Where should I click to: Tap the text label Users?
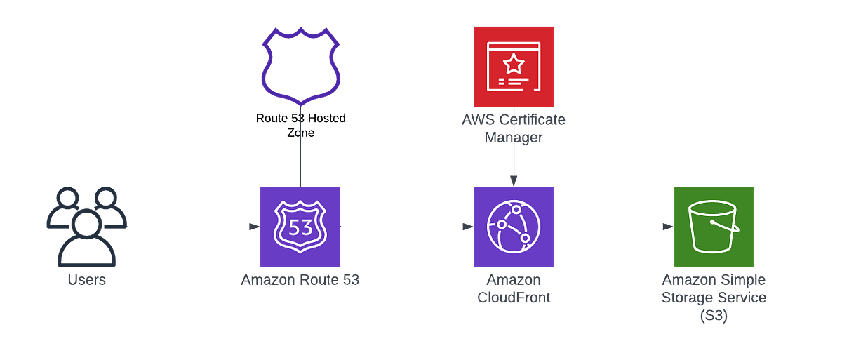pyautogui.click(x=86, y=281)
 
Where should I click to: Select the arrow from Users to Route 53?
pyautogui.click(x=189, y=227)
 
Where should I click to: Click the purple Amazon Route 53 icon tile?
pyautogui.click(x=300, y=227)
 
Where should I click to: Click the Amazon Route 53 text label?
pyautogui.click(x=300, y=281)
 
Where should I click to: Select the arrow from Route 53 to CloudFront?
pyautogui.click(x=406, y=227)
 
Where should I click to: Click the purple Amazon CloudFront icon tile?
pyautogui.click(x=513, y=227)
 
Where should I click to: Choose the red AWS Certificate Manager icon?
pyautogui.click(x=513, y=65)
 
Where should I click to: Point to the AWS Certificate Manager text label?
pyautogui.click(x=514, y=128)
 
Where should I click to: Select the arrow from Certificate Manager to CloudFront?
pyautogui.click(x=514, y=165)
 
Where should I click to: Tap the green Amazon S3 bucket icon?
pyautogui.click(x=713, y=227)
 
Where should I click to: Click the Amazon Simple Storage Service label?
pyautogui.click(x=714, y=298)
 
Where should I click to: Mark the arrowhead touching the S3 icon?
pyautogui.click(x=667, y=227)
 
